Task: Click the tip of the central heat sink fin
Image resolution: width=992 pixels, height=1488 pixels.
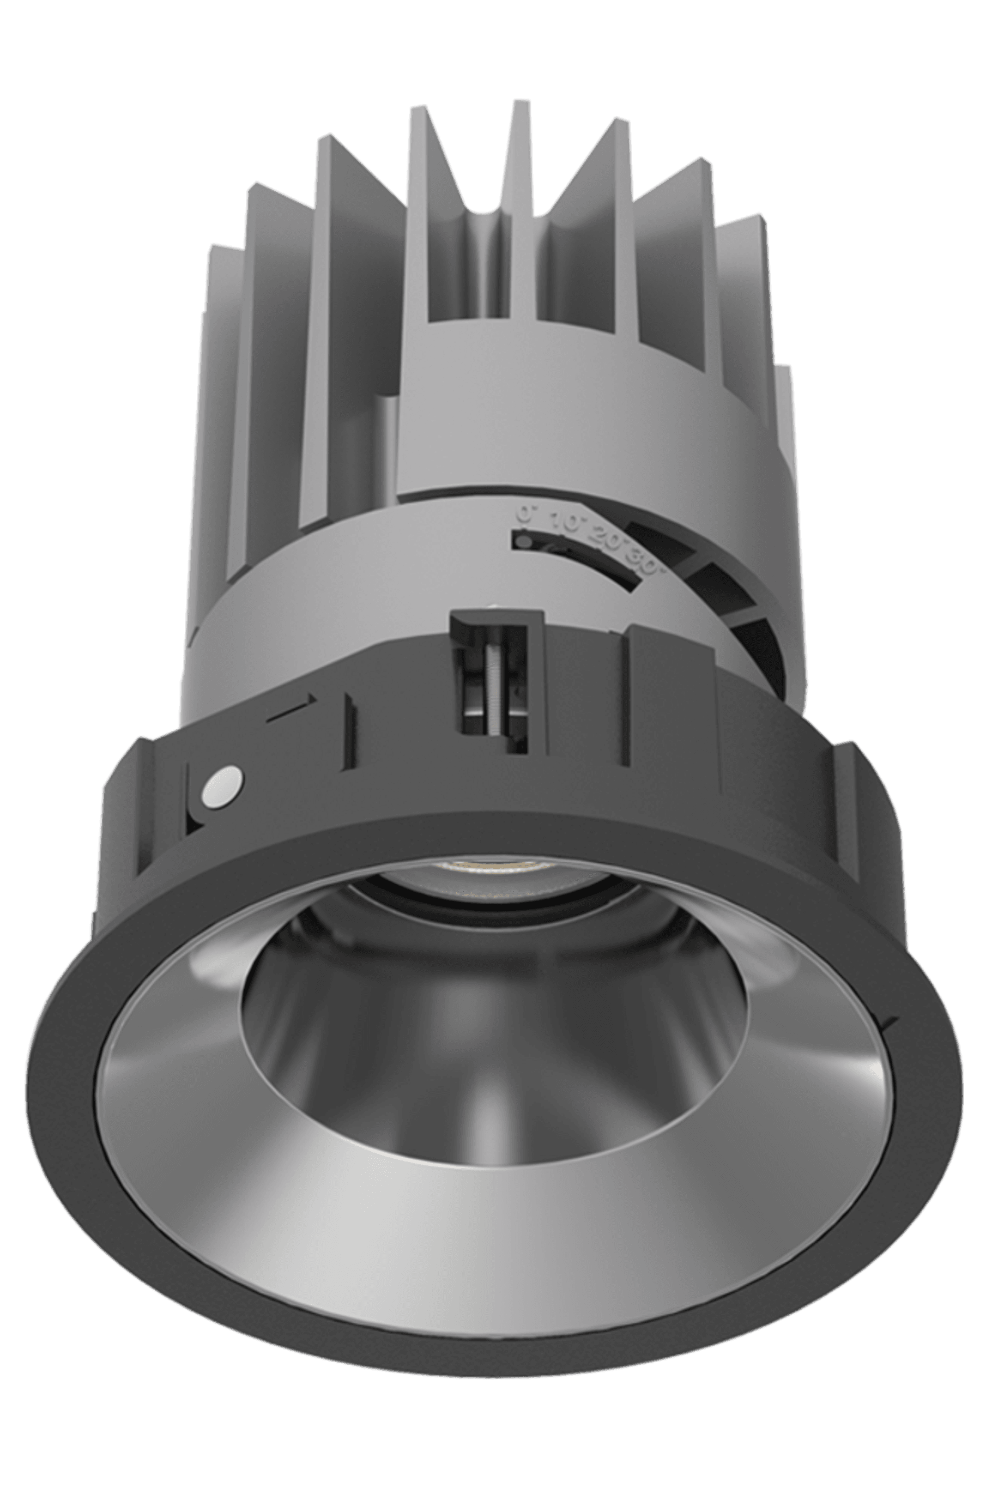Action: (520, 105)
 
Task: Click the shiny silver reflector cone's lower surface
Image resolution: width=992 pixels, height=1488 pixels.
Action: (493, 1202)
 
